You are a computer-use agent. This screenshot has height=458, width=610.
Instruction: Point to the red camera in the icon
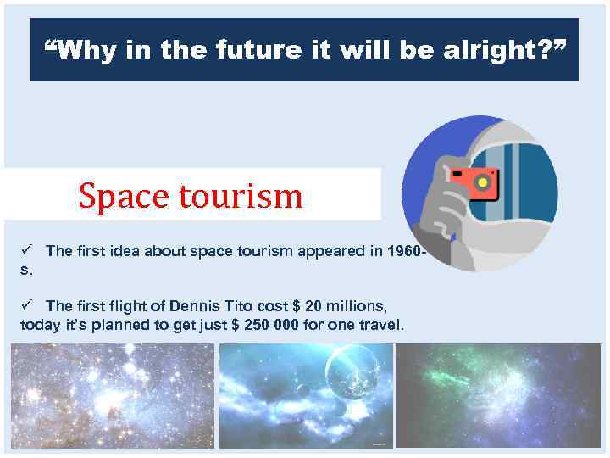(x=473, y=182)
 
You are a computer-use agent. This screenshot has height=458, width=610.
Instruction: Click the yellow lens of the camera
(x=484, y=181)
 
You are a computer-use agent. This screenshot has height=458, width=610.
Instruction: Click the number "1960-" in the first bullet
(x=405, y=251)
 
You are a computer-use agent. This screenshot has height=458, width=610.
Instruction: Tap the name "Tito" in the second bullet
(x=241, y=305)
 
